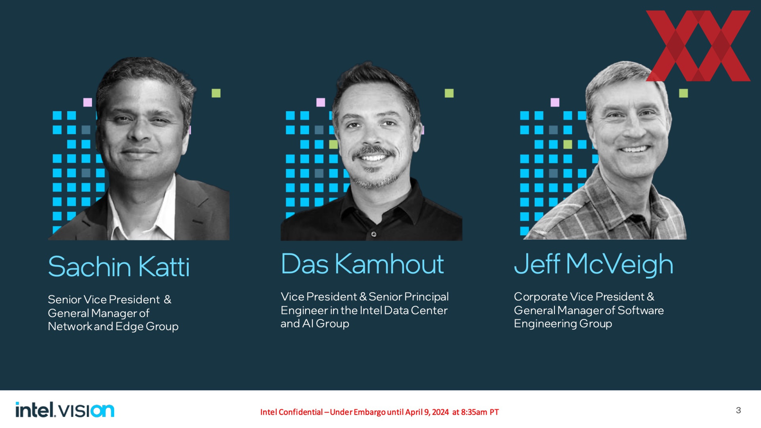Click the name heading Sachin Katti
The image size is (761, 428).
point(119,266)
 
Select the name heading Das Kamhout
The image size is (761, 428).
point(362,264)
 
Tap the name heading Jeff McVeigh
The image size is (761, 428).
point(594,265)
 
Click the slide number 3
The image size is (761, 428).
point(738,410)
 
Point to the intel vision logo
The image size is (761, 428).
point(65,410)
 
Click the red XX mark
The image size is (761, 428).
point(698,46)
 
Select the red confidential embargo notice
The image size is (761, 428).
point(379,412)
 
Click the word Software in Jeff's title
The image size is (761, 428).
point(641,310)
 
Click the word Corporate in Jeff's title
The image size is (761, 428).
point(541,297)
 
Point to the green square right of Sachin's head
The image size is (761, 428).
point(216,93)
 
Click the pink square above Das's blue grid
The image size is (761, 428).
point(321,102)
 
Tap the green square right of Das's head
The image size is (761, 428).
point(449,93)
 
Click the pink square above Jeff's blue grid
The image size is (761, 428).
point(555,102)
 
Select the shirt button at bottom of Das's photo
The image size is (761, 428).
point(374,234)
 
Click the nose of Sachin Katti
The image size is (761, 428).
point(138,133)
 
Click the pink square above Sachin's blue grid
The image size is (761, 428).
point(88,102)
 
